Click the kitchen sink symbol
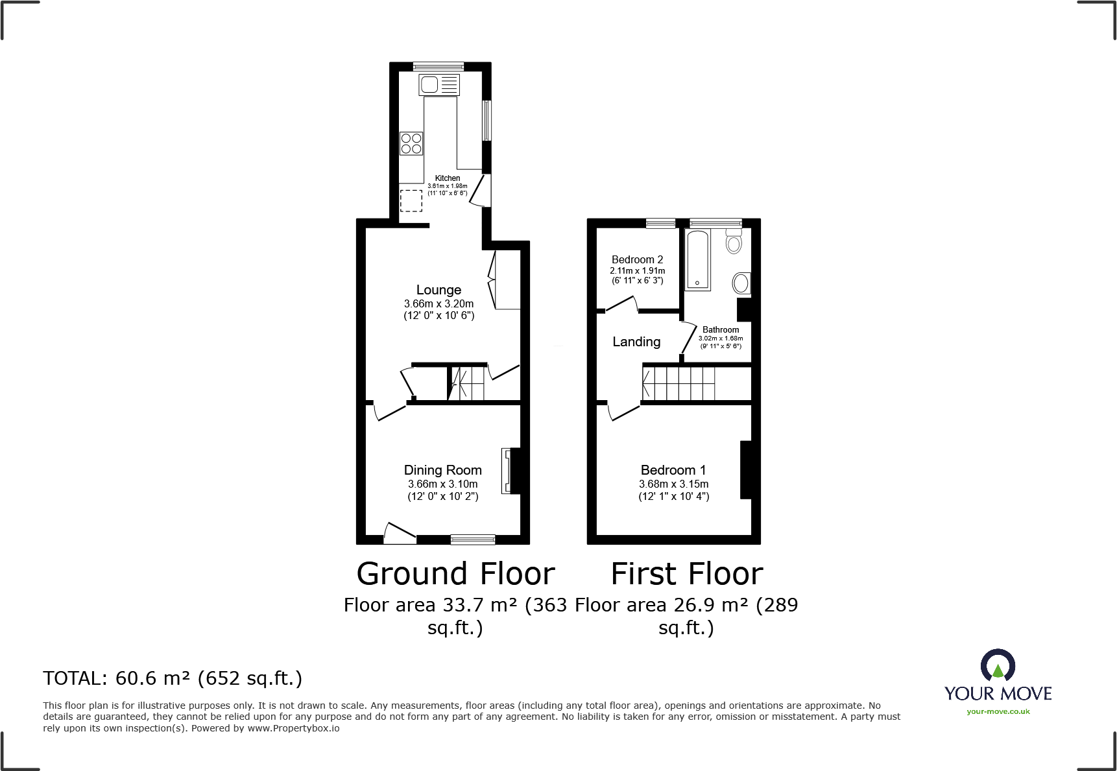tap(439, 84)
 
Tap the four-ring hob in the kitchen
tap(411, 143)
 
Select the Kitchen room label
tap(448, 178)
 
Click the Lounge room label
tap(438, 290)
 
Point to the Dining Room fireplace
tap(510, 471)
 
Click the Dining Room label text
tap(442, 470)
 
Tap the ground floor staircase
tap(467, 383)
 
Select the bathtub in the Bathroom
tap(698, 260)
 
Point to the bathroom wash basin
tap(741, 283)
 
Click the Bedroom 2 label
tap(637, 259)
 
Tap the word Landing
tap(636, 342)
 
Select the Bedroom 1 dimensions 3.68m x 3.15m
tap(673, 484)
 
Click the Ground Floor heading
tap(455, 574)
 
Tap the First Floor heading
tap(687, 574)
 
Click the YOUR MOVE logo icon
tap(998, 667)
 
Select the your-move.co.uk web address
tap(998, 711)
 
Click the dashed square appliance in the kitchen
tap(411, 200)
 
